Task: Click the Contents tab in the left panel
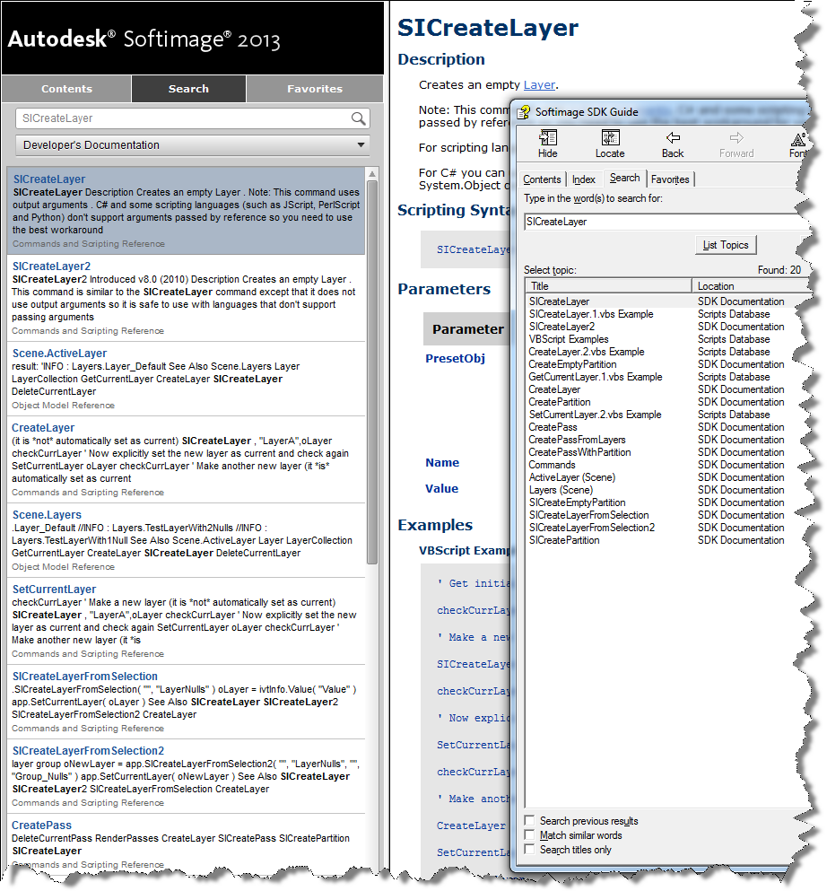66,89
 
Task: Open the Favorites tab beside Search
314,89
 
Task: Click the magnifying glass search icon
359,118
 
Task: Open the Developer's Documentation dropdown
193,144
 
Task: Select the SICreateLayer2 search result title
51,266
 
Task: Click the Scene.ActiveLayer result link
59,354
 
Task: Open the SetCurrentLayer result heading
54,590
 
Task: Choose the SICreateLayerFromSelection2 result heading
88,751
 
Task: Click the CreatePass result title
41,825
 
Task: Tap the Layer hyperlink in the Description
539,84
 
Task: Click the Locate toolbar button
610,144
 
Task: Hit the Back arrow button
673,144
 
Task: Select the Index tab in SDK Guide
584,179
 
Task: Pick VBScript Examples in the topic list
569,339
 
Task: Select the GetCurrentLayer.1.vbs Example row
596,377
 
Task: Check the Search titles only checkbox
530,849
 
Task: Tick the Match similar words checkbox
530,834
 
